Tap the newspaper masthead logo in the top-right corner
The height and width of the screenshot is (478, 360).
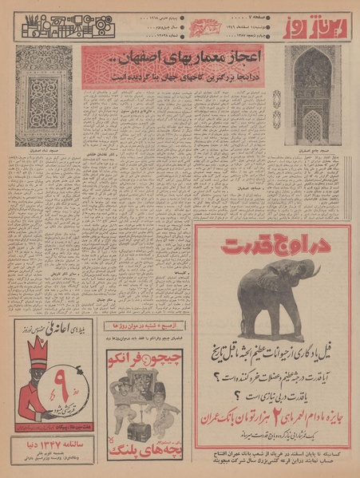pos(322,24)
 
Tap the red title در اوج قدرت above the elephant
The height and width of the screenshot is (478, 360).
pos(271,243)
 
